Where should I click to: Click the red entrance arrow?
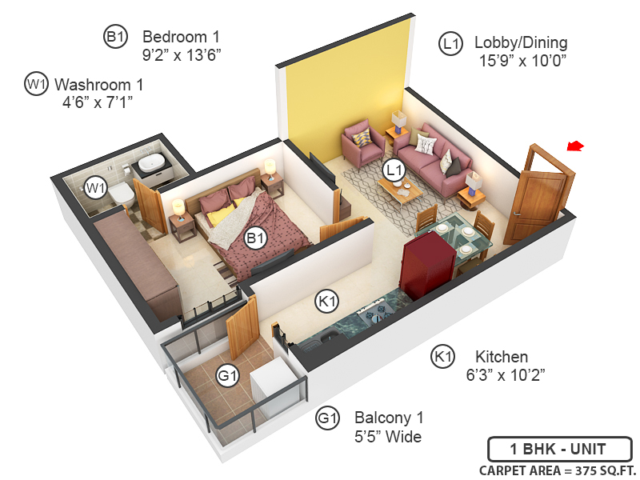click(575, 146)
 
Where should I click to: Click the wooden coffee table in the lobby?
click(399, 190)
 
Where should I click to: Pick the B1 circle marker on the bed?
click(255, 238)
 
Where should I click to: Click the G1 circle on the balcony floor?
click(229, 374)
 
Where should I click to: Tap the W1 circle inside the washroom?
click(96, 188)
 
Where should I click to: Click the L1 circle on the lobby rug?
click(392, 170)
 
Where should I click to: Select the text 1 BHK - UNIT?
click(559, 449)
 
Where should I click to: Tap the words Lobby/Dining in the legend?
click(520, 42)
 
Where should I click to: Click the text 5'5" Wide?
click(388, 436)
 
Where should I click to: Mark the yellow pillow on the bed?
click(224, 215)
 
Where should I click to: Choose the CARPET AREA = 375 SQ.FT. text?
click(558, 470)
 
